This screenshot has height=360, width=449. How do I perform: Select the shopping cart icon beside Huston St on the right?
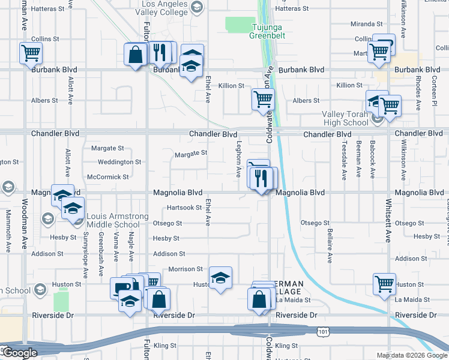point(384,284)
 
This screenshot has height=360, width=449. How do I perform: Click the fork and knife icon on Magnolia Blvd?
point(261,178)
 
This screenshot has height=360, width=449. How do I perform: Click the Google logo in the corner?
point(20,353)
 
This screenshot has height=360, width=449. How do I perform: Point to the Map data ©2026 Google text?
point(411,355)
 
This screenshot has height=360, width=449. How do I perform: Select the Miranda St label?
point(367,24)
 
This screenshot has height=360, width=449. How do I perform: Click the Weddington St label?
point(119,162)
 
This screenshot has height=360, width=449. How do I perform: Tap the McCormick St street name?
point(108,177)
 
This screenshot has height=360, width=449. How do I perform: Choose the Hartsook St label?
point(184,208)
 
